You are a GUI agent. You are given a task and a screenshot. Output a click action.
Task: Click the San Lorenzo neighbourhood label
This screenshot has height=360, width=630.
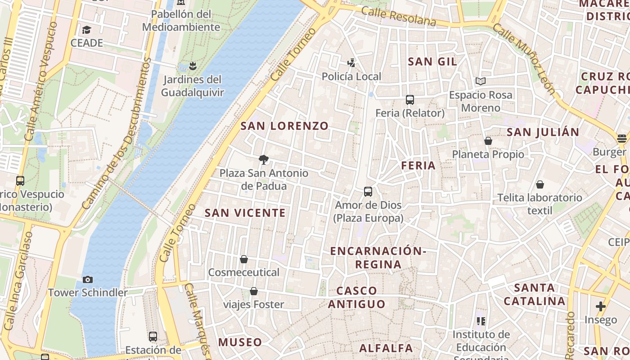(284, 126)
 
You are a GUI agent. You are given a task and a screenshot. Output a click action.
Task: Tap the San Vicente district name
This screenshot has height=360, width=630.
(245, 213)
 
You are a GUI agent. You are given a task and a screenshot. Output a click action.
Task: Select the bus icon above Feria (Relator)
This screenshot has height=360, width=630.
(409, 100)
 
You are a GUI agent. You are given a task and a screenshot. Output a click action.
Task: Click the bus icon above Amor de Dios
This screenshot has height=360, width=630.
(368, 192)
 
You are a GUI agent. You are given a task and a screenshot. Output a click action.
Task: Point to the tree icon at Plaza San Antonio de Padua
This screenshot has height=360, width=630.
(264, 159)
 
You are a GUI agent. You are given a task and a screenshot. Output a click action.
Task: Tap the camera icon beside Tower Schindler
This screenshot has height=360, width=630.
(88, 279)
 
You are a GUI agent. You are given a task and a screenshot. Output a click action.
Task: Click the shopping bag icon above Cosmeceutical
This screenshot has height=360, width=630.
(244, 259)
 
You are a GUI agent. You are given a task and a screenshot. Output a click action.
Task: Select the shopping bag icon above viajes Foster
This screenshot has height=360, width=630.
(254, 291)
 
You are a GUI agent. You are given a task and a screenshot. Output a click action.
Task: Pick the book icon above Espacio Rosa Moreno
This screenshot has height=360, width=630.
(481, 81)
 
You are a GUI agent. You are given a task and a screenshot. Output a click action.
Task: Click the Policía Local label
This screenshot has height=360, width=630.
(351, 76)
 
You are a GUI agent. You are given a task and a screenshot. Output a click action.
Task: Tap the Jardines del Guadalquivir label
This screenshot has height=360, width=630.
(193, 86)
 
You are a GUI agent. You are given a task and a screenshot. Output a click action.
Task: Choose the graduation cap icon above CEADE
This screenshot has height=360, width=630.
(86, 30)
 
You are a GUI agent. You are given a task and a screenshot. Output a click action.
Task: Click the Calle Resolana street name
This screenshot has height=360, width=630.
(399, 16)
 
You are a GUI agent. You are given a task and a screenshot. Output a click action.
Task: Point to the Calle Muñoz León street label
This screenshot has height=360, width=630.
(524, 58)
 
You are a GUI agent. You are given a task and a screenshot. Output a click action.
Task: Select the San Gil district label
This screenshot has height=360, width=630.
(432, 62)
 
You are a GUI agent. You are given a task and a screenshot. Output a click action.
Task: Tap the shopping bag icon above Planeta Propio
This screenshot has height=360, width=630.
(488, 141)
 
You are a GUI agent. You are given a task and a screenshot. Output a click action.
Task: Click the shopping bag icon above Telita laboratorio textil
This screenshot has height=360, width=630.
(540, 184)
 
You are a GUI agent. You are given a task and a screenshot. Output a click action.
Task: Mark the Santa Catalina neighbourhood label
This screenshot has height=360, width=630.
(534, 294)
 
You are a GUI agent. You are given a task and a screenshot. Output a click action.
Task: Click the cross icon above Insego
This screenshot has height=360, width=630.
(601, 307)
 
